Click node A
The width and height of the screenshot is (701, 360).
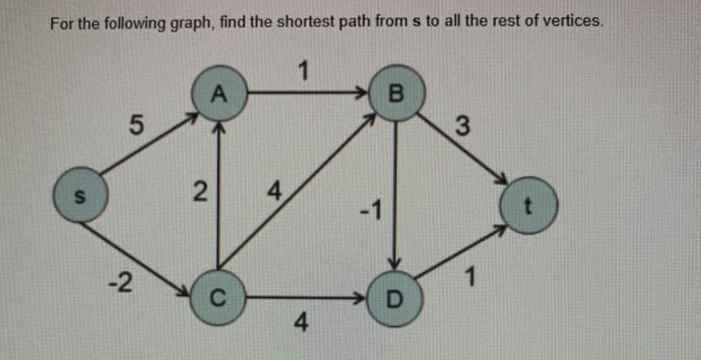point(219,94)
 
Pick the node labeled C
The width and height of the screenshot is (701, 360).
point(218,297)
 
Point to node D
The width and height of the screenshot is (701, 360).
point(396,298)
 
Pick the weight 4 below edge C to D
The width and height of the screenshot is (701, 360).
point(301,325)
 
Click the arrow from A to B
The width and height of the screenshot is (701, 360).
point(307,91)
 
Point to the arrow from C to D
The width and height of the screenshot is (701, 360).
point(307,297)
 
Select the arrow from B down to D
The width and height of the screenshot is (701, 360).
point(396,193)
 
